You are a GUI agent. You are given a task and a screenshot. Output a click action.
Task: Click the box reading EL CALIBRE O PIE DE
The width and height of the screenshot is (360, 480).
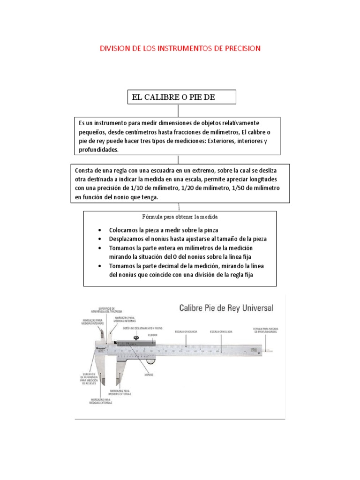point(181,97)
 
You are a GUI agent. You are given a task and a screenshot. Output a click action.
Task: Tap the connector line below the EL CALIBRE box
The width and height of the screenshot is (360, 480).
point(178,111)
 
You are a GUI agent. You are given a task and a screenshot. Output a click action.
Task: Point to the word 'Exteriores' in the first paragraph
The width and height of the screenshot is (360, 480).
point(221,141)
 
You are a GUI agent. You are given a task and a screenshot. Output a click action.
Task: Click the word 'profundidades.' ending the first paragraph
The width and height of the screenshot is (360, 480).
point(99,150)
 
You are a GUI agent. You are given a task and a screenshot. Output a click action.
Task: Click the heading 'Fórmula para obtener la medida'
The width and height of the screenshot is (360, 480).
point(180,217)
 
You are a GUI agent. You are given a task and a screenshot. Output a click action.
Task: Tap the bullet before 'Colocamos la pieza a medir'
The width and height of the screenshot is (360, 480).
point(101,231)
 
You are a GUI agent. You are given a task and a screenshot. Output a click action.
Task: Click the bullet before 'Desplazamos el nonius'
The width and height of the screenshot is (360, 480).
point(101,239)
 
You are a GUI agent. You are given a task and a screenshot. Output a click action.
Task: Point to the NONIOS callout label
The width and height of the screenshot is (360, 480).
point(150,375)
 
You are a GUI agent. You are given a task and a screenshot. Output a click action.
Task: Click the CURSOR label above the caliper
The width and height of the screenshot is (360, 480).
point(152,336)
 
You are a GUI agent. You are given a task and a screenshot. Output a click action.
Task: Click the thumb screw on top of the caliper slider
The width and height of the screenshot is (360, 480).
point(136,338)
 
